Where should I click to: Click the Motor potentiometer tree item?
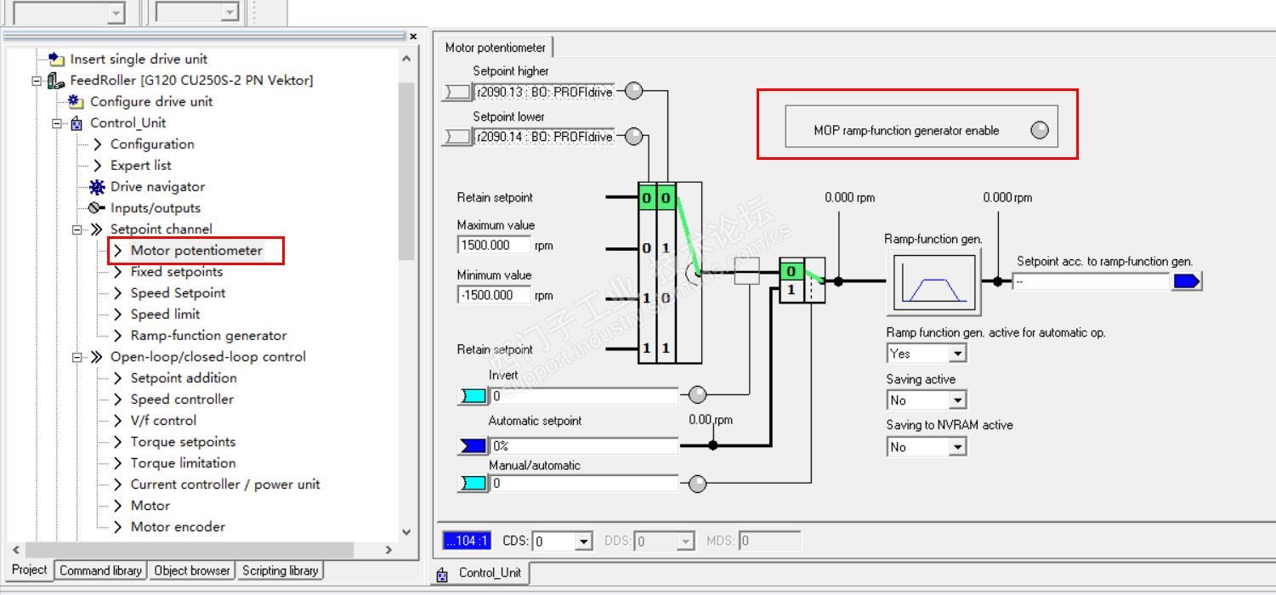pos(196,251)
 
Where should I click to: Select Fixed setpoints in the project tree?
pos(176,272)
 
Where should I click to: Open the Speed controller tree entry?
pos(181,399)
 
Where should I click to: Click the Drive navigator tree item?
pos(157,187)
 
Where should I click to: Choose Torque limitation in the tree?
pos(183,463)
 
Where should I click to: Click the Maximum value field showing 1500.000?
pos(494,246)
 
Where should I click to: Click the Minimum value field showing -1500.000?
pos(494,295)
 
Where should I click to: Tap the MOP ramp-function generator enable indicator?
pos(1039,130)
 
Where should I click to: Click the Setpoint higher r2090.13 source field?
pos(543,92)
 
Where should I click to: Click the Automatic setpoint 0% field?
pos(584,445)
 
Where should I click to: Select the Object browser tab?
pos(192,571)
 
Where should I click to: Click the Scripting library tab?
pos(280,571)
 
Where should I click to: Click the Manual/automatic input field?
pos(584,484)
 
